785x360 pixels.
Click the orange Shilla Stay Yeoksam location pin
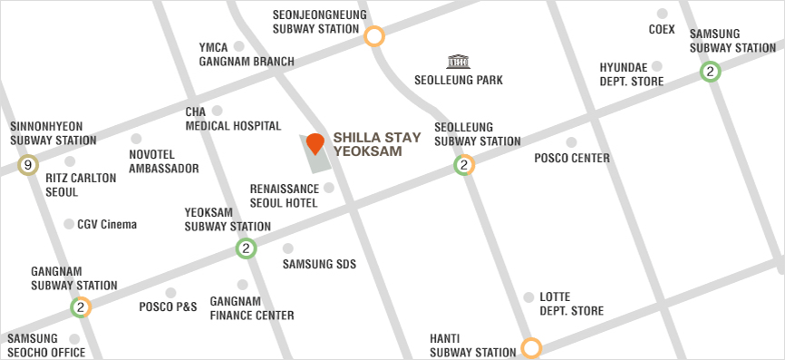tap(315, 143)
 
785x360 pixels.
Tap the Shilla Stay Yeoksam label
tap(377, 144)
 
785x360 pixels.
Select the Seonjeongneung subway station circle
tap(373, 36)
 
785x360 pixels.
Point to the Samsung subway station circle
tap(710, 72)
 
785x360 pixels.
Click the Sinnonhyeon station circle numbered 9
tap(28, 165)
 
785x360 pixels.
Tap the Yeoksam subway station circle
tap(245, 248)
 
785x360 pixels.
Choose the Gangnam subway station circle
tap(81, 307)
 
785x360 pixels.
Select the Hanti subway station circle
tap(531, 348)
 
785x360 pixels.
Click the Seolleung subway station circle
tap(464, 165)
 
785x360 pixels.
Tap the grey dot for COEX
tap(662, 14)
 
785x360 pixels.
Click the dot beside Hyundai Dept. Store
tap(657, 66)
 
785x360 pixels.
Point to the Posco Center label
tap(571, 159)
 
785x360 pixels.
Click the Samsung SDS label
tap(319, 265)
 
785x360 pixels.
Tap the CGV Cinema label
tap(106, 224)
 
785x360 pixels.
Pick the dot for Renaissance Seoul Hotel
tap(328, 188)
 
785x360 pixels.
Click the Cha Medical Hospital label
tap(233, 119)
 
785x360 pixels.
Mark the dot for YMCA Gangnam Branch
tap(239, 45)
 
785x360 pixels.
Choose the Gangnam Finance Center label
tap(251, 308)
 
